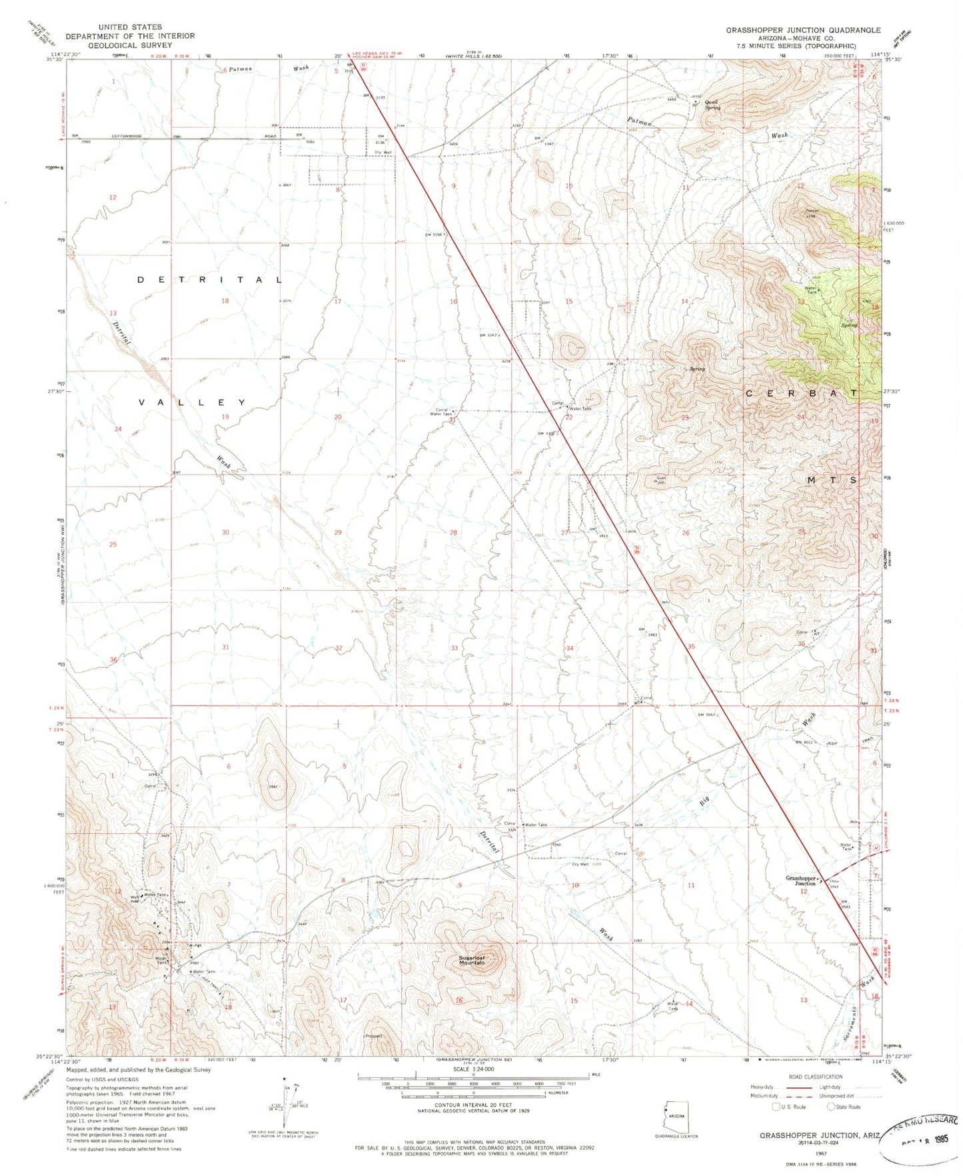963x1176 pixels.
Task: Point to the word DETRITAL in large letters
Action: tap(210, 280)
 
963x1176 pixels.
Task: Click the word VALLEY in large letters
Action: tap(193, 403)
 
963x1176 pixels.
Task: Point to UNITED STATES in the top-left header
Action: tap(130, 27)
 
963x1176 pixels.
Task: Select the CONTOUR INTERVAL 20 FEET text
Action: tap(473, 1105)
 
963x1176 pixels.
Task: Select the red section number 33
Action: tap(455, 648)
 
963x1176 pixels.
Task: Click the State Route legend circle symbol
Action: tap(830, 1107)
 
